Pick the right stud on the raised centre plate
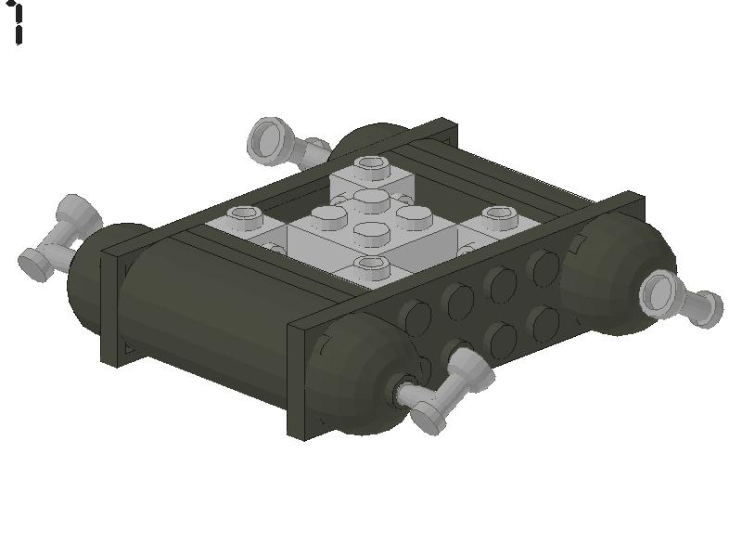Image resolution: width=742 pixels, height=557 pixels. (413, 216)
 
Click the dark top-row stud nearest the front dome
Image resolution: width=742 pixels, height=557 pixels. (416, 316)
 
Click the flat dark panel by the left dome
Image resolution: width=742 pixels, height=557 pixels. (112, 306)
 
